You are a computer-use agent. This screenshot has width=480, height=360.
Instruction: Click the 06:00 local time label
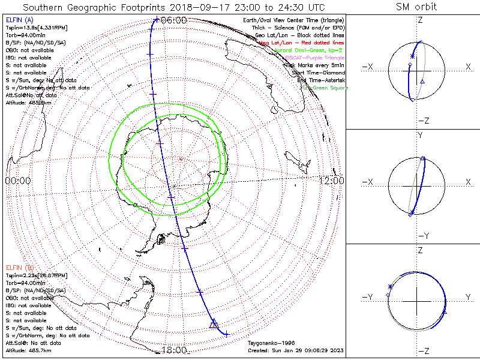(174, 20)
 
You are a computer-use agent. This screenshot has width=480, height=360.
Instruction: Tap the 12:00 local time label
(331, 180)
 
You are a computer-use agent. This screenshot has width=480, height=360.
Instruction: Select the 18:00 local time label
(174, 350)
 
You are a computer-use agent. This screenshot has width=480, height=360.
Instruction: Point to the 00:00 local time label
(17, 180)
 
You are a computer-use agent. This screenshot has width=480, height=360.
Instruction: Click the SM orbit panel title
(416, 7)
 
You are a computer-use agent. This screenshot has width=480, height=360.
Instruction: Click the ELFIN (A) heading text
(19, 20)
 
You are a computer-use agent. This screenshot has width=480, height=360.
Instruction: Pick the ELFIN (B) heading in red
(19, 267)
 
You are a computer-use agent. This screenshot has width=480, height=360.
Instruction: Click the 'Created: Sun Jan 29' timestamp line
(295, 350)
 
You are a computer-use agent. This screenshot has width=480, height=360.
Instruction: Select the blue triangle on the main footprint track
(213, 325)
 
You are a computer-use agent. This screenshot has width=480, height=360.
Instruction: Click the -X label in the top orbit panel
(369, 68)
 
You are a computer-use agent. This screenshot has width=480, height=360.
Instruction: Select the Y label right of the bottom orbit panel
(467, 296)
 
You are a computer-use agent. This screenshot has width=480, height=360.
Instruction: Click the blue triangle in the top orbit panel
(422, 80)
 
